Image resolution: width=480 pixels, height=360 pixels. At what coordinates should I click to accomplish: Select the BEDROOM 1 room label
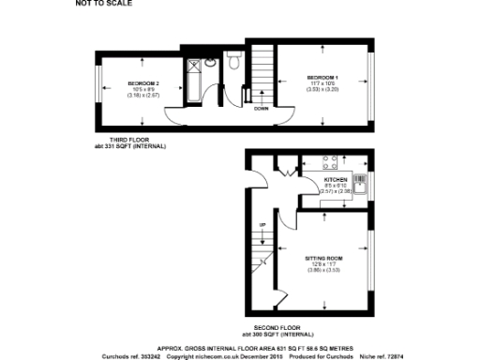[x=321, y=76]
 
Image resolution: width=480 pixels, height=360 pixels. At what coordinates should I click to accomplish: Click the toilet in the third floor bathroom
[x=211, y=65]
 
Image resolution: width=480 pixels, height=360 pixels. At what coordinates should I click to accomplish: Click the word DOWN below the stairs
[x=262, y=108]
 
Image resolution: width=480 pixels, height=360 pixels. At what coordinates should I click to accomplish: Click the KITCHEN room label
[x=335, y=179]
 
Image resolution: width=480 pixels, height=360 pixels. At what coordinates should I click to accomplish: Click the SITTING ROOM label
[x=323, y=257]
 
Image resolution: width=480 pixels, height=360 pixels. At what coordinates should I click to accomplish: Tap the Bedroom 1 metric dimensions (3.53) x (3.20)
[x=321, y=89]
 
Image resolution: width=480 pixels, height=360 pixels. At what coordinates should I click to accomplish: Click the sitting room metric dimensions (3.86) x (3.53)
[x=323, y=270]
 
